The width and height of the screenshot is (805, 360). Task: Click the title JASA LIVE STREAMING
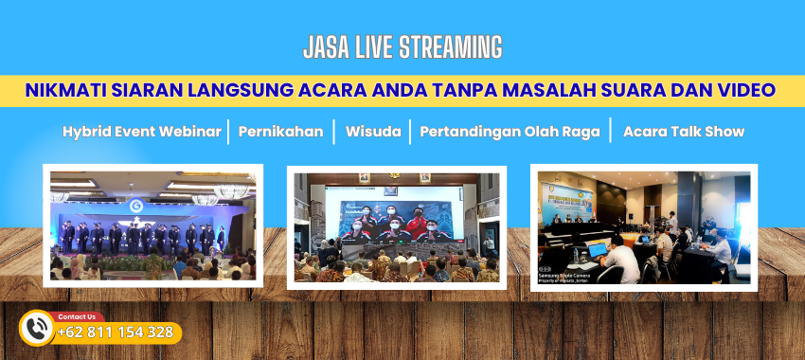[402, 46]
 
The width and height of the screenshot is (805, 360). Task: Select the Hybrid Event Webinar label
[142, 132]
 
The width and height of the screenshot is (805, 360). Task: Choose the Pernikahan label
[280, 132]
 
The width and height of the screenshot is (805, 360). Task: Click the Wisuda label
[372, 132]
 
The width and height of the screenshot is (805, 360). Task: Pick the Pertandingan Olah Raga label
[510, 132]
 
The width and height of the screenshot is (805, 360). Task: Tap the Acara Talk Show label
[683, 132]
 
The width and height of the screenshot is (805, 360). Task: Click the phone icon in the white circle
[37, 328]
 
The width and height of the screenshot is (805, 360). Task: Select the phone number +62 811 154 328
[115, 333]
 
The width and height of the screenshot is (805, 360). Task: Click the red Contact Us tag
[76, 316]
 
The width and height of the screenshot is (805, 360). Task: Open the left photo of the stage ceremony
[152, 225]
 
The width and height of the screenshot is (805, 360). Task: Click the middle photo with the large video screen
[396, 226]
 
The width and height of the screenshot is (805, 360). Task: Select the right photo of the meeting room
[643, 225]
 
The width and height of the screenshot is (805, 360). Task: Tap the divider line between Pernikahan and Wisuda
[334, 132]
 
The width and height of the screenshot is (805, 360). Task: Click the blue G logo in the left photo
[136, 206]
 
